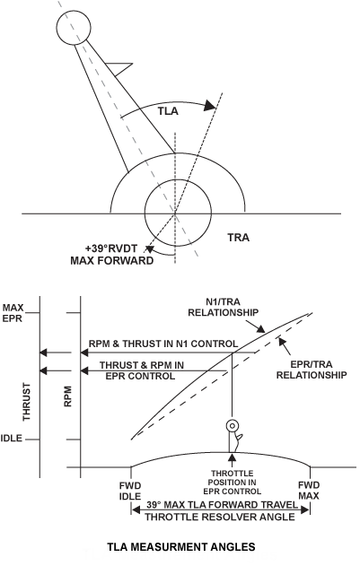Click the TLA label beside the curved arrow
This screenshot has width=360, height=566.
coord(168,111)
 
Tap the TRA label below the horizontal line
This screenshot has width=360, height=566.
coord(238,238)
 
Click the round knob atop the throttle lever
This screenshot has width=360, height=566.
coord(74,28)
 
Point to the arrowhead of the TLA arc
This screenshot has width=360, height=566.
coord(209,106)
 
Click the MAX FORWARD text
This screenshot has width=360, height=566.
coord(111,260)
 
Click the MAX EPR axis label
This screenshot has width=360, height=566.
coord(13,313)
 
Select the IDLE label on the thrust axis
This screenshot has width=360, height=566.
coord(11,439)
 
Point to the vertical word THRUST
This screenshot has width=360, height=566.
coord(27,402)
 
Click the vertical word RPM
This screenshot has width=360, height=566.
coord(67,396)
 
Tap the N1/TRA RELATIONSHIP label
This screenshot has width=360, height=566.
coord(223,307)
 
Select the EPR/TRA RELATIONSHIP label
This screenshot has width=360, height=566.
coord(312,370)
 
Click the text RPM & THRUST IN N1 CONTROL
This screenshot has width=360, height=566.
coord(163,344)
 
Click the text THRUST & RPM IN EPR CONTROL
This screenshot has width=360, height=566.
coord(141,370)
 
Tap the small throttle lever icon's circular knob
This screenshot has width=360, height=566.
coord(232,426)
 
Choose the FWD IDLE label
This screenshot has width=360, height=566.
coord(130,491)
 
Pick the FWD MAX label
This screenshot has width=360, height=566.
coord(309,491)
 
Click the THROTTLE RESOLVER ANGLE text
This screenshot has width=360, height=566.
coord(220,517)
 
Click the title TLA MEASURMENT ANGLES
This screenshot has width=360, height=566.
coord(181,547)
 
